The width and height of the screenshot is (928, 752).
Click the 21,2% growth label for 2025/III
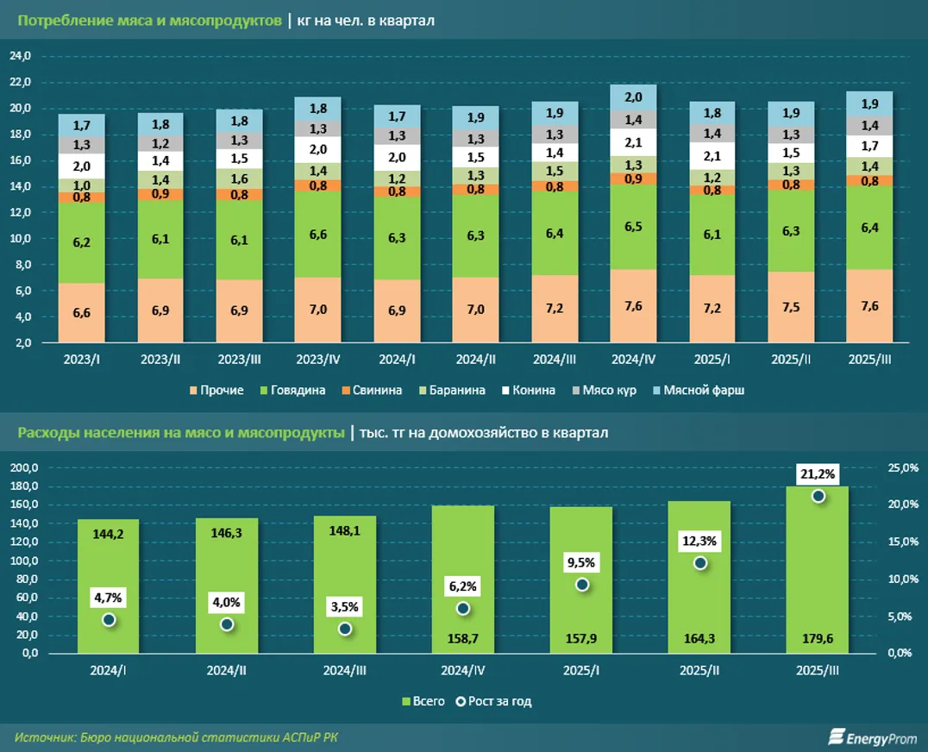click(818, 473)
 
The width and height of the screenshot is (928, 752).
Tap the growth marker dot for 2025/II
click(700, 563)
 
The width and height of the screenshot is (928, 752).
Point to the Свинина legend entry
click(372, 391)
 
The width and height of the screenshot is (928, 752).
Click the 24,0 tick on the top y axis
click(20, 56)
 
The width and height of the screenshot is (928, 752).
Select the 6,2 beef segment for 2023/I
click(82, 243)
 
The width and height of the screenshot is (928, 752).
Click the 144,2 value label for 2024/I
click(109, 534)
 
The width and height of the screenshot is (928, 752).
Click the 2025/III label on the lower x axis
click(818, 670)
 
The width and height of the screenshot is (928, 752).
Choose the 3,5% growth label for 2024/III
click(345, 607)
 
